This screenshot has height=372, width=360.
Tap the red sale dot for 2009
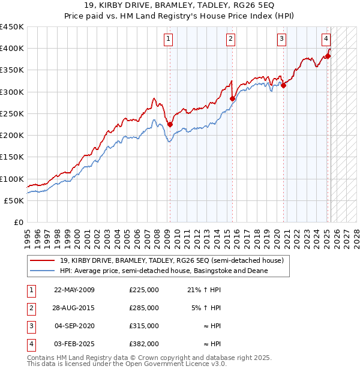coord(170,125)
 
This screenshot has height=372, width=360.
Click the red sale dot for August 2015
coord(232,99)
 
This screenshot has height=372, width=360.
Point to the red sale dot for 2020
coord(283,86)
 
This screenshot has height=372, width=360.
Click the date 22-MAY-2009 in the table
coord(74,290)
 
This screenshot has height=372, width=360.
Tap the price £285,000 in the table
coord(144,308)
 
